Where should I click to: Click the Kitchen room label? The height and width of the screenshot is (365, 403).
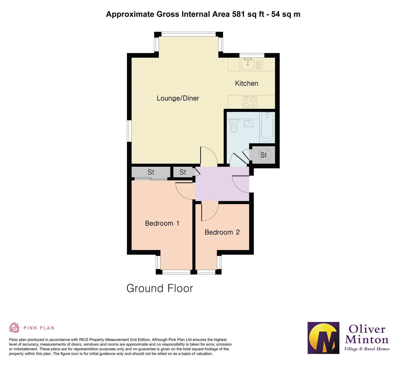246,84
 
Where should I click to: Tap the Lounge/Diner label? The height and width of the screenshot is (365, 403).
178,98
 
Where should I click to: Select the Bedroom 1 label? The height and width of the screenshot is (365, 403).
162,223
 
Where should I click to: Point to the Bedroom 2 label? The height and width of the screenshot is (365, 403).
222,232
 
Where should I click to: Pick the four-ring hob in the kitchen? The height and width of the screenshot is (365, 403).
249,102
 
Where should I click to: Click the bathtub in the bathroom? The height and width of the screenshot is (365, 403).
267,128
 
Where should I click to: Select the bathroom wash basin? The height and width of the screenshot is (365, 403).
249,123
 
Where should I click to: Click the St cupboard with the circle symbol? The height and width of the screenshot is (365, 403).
263,155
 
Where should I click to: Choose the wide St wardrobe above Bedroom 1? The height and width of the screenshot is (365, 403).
151,172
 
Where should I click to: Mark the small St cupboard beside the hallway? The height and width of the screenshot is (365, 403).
183,172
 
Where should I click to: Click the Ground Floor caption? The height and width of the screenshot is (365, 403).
160,288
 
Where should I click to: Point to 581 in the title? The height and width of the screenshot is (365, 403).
239,14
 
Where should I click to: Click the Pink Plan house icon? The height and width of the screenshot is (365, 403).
14,328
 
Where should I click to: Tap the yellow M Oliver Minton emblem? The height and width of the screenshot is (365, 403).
323,338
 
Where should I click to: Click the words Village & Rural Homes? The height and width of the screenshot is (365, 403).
367,349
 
